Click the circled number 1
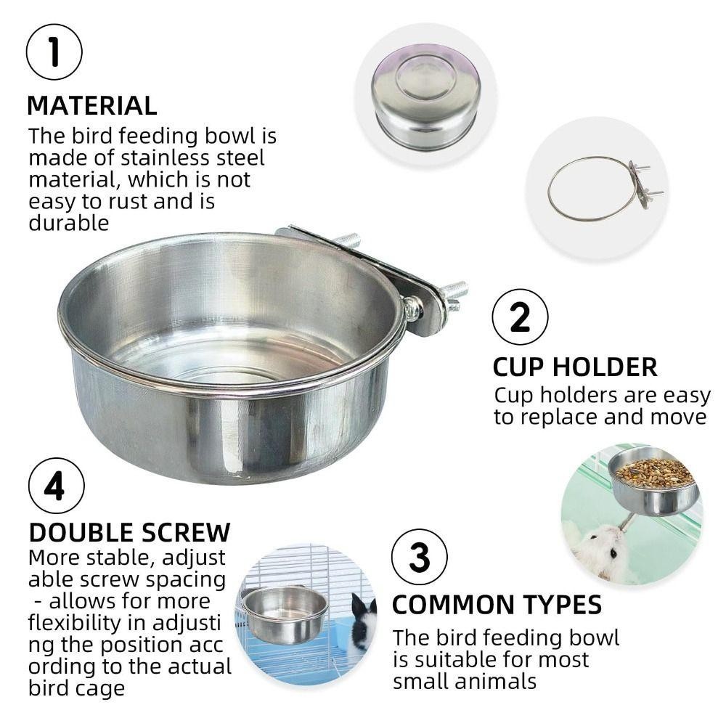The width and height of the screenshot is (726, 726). coord(54,52)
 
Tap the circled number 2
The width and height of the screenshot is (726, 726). coord(520,317)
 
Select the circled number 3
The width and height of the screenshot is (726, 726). coord(420,557)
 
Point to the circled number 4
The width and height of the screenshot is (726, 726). coord(57,486)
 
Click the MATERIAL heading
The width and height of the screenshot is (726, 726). coord(92,105)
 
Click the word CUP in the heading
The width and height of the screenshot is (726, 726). coord(518,367)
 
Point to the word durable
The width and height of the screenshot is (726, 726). coord(68,223)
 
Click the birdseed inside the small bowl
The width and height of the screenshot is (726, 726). coord(654,472)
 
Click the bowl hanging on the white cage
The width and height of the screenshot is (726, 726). coord(285,614)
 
